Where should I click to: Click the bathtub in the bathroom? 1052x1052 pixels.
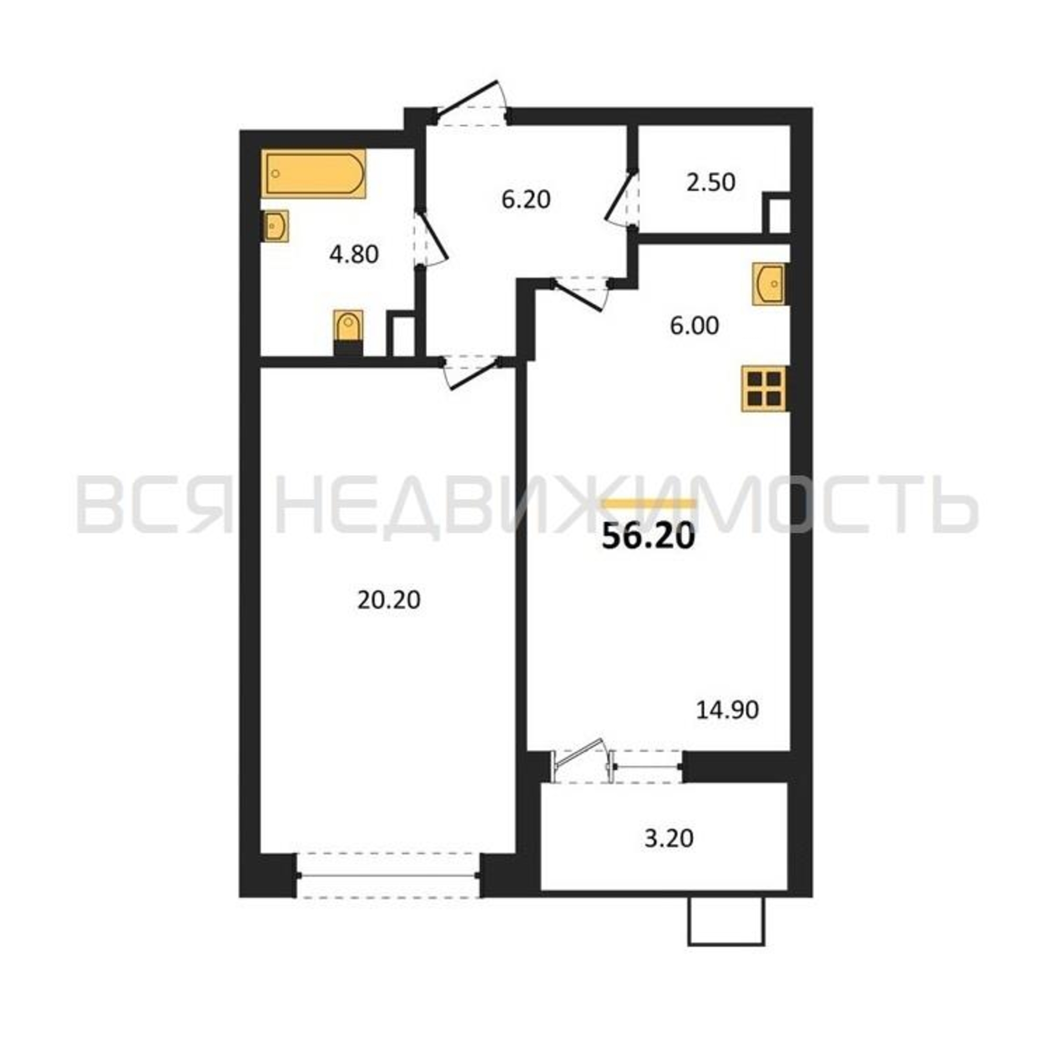pyautogui.click(x=313, y=173)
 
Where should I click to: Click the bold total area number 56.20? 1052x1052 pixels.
pyautogui.click(x=649, y=538)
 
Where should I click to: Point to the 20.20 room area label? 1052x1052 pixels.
pyautogui.click(x=389, y=601)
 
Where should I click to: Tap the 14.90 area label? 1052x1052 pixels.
pyautogui.click(x=727, y=710)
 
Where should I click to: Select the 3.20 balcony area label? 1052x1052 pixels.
pyautogui.click(x=669, y=838)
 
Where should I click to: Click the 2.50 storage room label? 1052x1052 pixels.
pyautogui.click(x=711, y=183)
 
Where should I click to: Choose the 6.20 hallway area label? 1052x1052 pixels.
pyautogui.click(x=526, y=200)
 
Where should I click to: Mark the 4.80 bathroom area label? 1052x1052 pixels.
pyautogui.click(x=354, y=254)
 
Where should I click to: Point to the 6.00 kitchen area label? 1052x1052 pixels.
pyautogui.click(x=694, y=326)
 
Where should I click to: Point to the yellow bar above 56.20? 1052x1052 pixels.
pyautogui.click(x=649, y=503)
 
